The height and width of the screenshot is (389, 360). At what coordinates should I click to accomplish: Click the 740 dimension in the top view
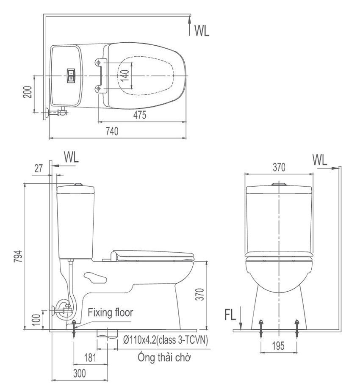tap(112, 131)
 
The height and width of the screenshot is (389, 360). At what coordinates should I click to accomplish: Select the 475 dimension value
tap(140, 115)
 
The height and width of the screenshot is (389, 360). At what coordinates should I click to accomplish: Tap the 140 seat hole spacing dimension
tap(125, 76)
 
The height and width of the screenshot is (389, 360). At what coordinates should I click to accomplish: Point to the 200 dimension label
tap(28, 92)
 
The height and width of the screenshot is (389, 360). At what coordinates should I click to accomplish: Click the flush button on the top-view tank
tap(71, 75)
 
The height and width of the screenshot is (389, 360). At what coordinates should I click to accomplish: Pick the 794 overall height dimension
tap(18, 257)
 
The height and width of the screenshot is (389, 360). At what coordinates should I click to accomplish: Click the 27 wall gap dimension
tap(39, 168)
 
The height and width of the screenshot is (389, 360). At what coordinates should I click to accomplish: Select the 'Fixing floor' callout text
tap(111, 312)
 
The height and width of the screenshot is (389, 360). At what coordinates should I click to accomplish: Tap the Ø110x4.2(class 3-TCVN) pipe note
tap(166, 340)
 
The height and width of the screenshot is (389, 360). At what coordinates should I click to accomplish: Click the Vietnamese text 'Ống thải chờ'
tap(164, 357)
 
